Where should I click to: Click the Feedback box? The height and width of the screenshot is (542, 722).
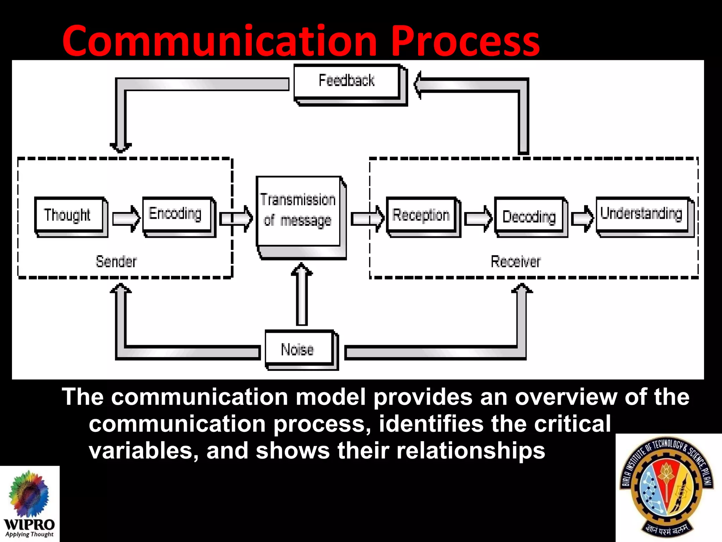(347, 81)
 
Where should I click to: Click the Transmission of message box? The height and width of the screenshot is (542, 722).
(298, 211)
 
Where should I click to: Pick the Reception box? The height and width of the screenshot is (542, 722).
(421, 215)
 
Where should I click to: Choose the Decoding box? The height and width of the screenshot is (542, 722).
(529, 216)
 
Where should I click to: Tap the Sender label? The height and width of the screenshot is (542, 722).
(116, 261)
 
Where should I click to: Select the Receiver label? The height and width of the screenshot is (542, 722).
(515, 261)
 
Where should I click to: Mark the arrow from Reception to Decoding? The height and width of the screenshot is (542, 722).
(478, 218)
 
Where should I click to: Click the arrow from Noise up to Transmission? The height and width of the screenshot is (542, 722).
(302, 295)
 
